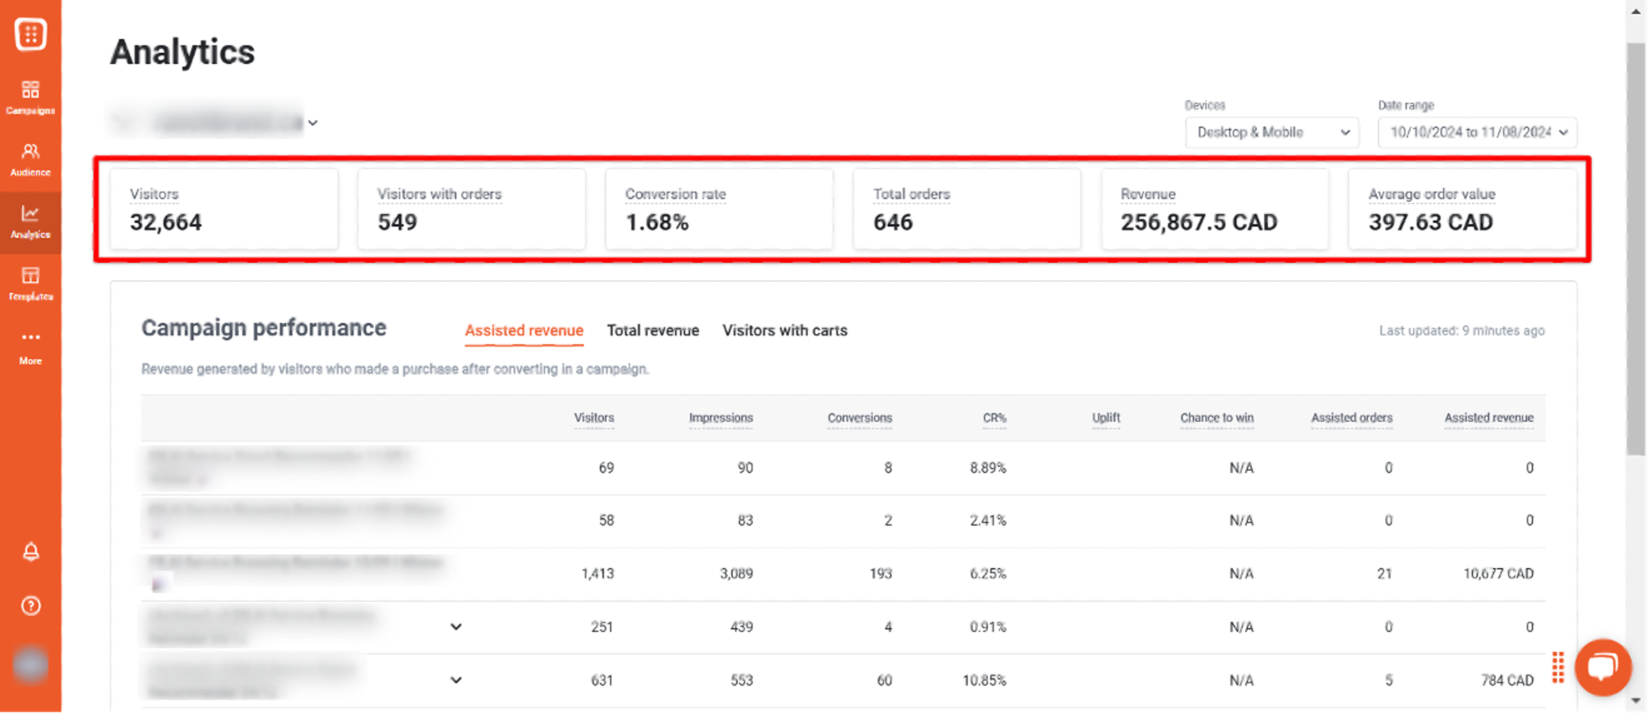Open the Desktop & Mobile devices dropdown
pyautogui.click(x=1271, y=133)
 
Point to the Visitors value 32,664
pyautogui.click(x=166, y=222)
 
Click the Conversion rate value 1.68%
pyautogui.click(x=657, y=222)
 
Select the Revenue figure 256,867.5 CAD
pyautogui.click(x=1198, y=222)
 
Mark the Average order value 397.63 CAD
pyautogui.click(x=1430, y=222)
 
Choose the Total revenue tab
pyautogui.click(x=652, y=330)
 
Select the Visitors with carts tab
pyautogui.click(x=785, y=330)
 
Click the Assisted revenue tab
pyautogui.click(x=523, y=330)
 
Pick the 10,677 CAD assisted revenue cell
pyautogui.click(x=1498, y=573)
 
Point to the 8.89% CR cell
pyautogui.click(x=987, y=468)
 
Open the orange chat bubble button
pyautogui.click(x=1602, y=667)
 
